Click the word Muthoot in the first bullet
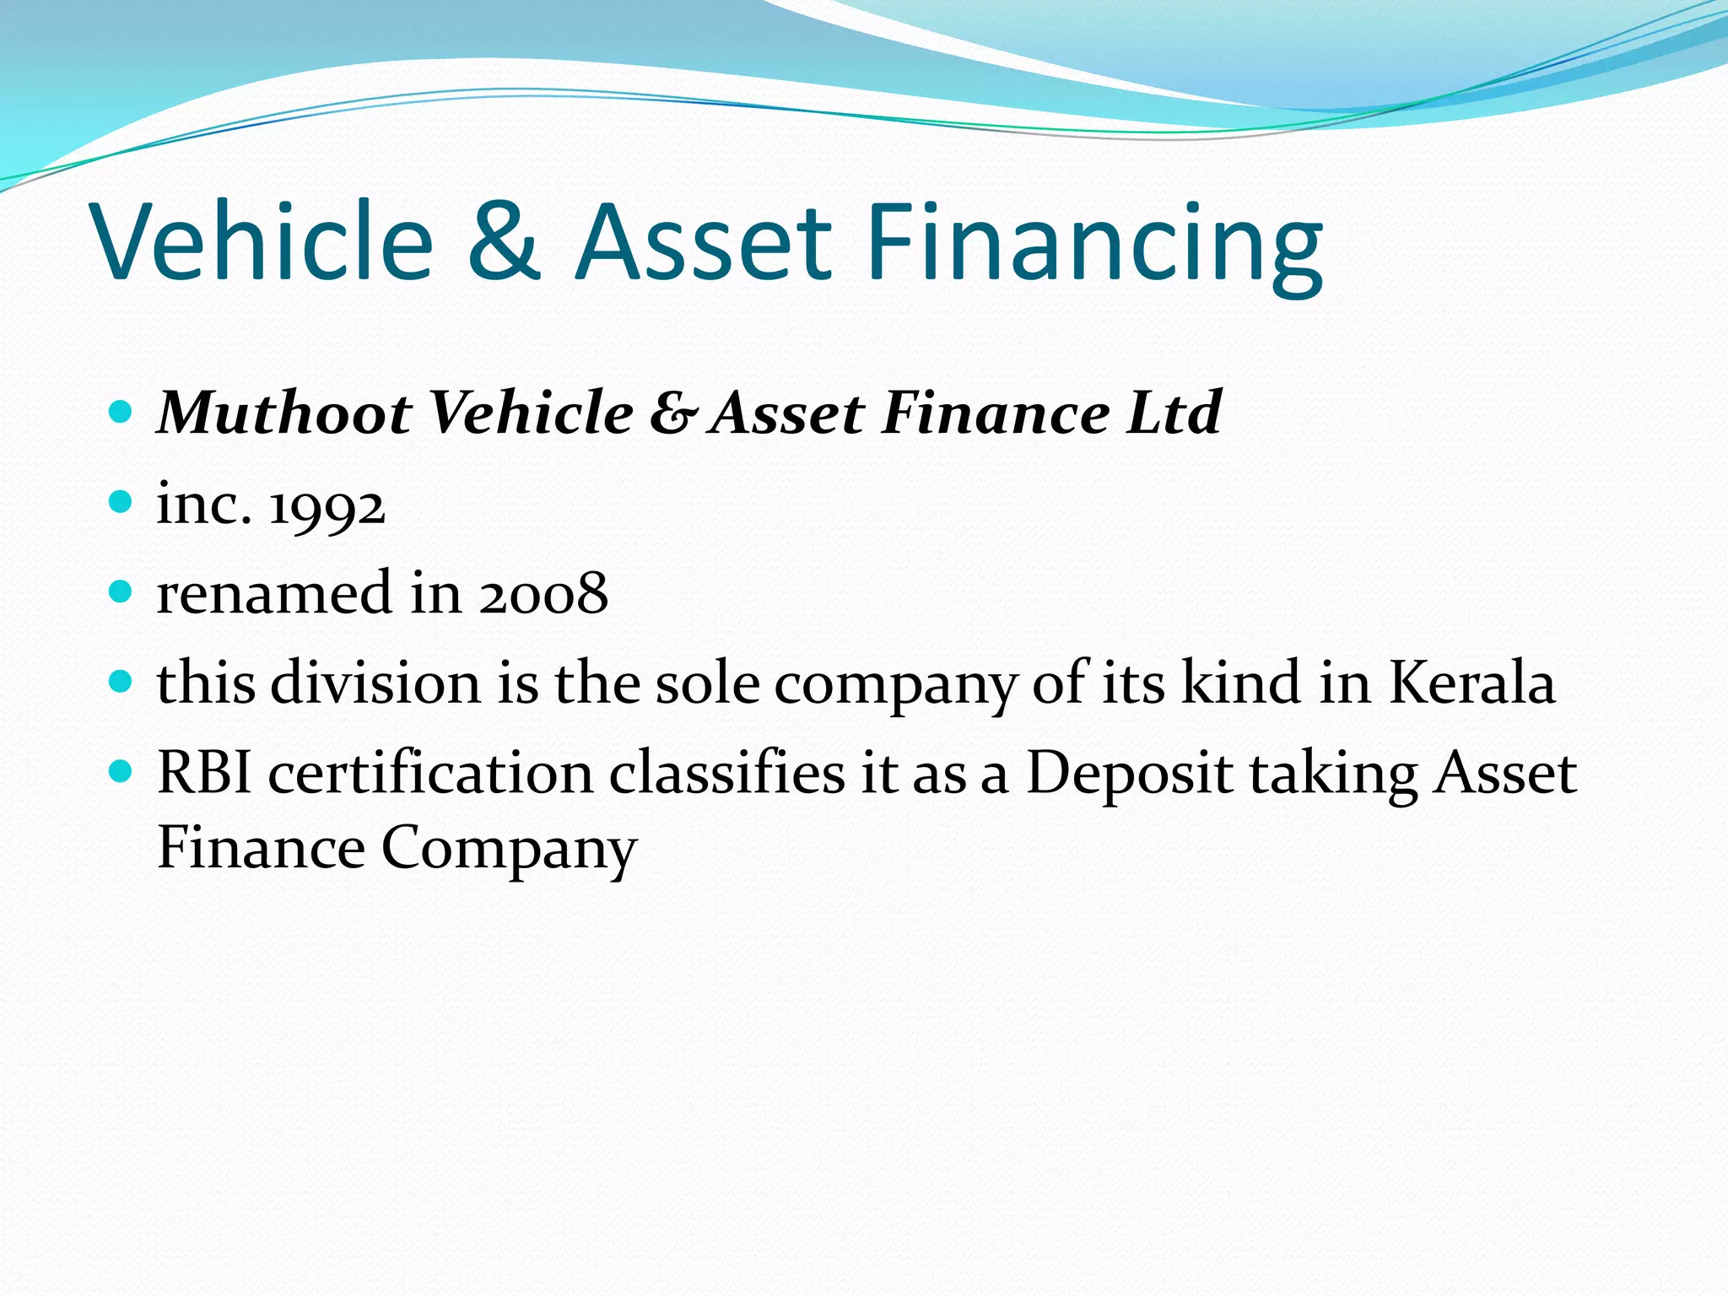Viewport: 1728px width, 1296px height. click(x=284, y=413)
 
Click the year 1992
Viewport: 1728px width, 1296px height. click(x=327, y=506)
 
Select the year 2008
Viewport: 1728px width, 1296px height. click(x=543, y=593)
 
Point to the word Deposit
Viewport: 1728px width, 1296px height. click(x=1129, y=775)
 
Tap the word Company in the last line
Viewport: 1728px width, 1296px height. click(x=509, y=849)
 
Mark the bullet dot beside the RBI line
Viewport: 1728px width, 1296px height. click(x=121, y=770)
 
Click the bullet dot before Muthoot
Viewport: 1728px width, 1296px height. click(x=121, y=412)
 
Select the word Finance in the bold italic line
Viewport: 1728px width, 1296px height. click(x=996, y=413)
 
